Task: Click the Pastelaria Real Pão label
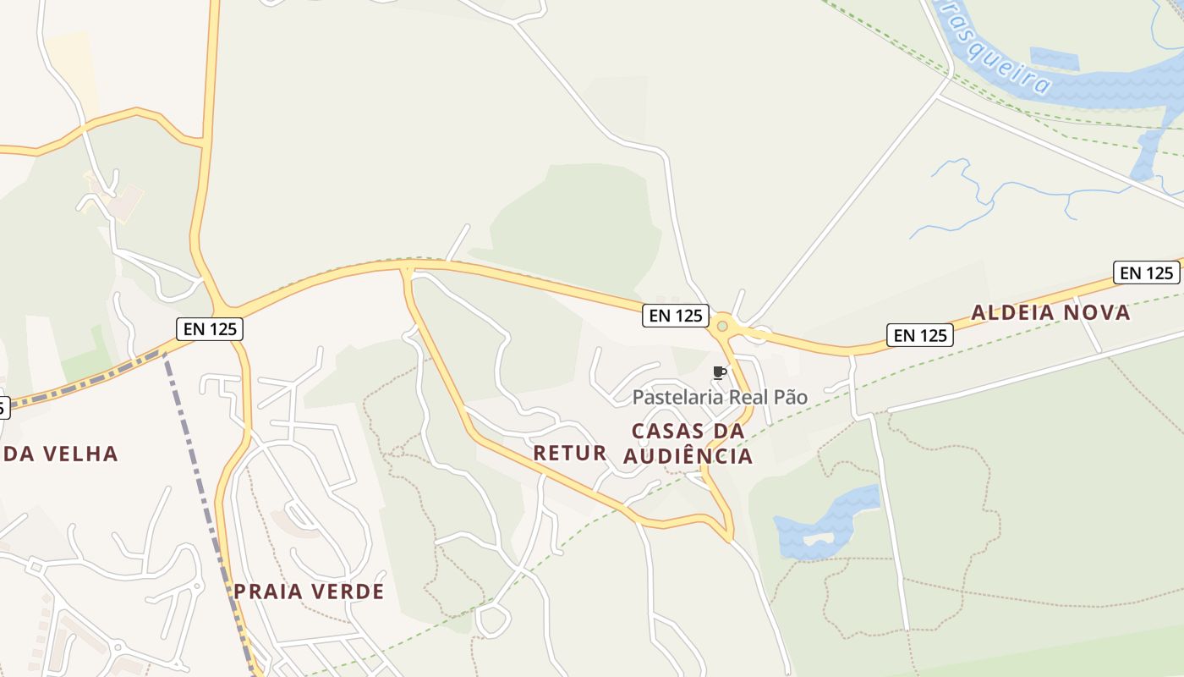[720, 397]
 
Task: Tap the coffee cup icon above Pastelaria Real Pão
[720, 372]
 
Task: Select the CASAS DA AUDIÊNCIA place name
[688, 443]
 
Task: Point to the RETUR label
[570, 453]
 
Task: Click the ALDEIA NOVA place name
[1050, 312]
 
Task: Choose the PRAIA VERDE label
[309, 592]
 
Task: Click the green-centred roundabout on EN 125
[722, 326]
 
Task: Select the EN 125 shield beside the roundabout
[675, 316]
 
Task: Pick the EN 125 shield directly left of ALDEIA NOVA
[920, 335]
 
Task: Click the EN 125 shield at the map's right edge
[1146, 272]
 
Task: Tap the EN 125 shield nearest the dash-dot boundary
[210, 328]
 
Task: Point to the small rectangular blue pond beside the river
[1055, 58]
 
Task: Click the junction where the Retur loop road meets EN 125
[408, 269]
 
